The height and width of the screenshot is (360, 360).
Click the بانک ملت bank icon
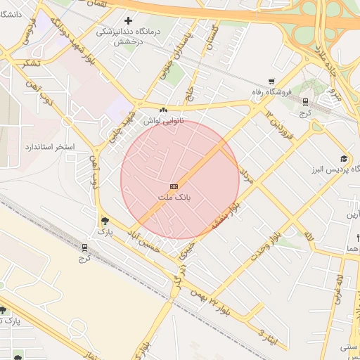pos(174,186)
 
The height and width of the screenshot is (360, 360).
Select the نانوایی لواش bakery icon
pos(163,110)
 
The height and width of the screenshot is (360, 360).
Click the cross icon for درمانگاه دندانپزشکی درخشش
pos(127,21)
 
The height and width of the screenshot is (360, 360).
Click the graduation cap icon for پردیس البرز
pos(343,158)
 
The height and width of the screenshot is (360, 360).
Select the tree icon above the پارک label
pos(105,219)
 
